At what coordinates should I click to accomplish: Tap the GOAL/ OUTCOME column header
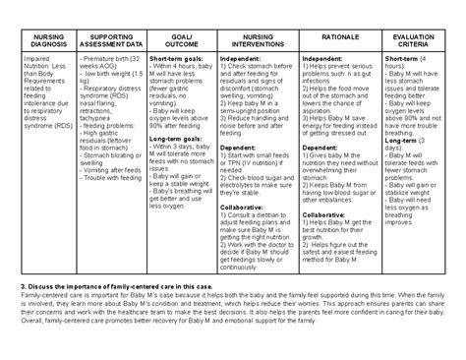coord(177,40)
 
